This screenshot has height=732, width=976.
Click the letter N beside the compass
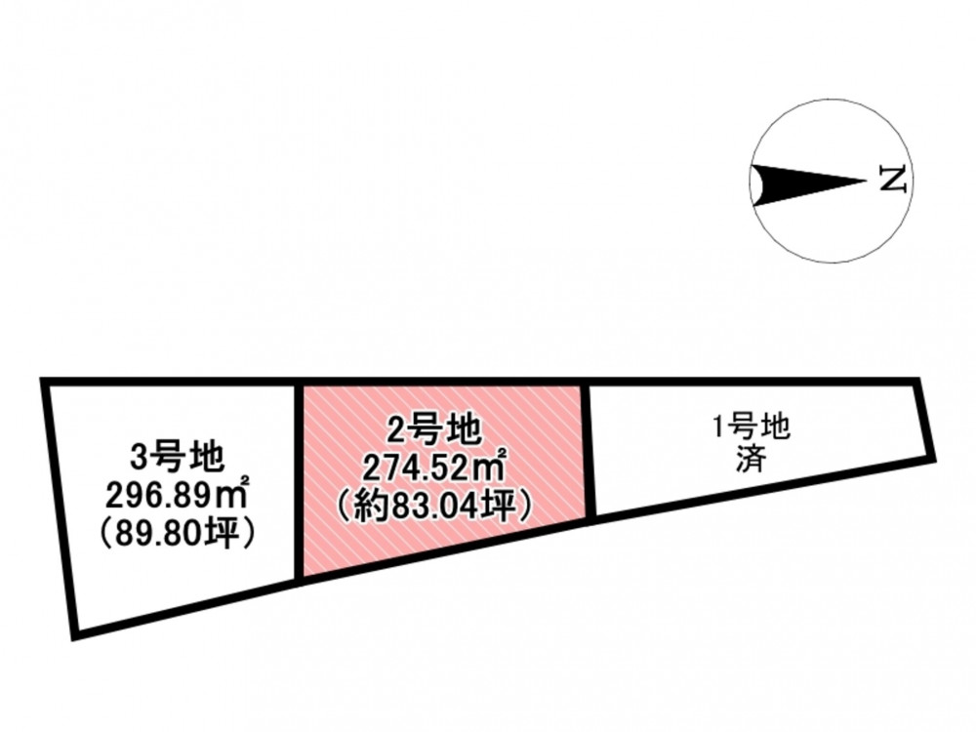click(x=893, y=180)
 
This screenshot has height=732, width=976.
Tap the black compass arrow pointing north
click(x=808, y=183)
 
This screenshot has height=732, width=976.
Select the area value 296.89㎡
click(x=178, y=496)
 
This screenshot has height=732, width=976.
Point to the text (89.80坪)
click(x=178, y=534)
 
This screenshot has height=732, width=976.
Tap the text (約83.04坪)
click(x=434, y=505)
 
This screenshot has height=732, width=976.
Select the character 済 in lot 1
click(x=752, y=462)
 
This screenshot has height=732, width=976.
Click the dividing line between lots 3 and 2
click(x=298, y=483)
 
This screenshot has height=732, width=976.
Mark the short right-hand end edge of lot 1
click(x=925, y=420)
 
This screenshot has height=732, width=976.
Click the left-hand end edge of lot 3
click(x=59, y=508)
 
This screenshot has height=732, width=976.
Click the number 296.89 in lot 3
click(x=164, y=496)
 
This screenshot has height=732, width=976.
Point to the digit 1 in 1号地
click(x=720, y=429)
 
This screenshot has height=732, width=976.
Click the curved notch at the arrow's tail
click(x=755, y=184)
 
